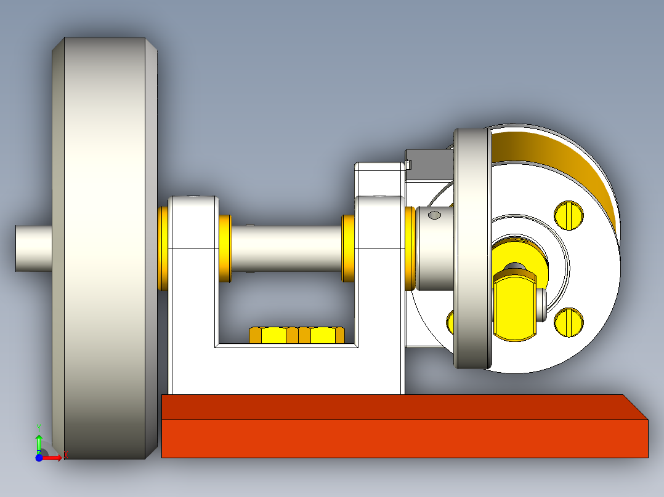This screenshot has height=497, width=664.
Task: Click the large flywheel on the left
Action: pos(105,246)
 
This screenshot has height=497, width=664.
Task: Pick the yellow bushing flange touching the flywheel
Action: pos(163,248)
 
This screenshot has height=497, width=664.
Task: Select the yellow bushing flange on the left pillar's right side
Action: pos(225,248)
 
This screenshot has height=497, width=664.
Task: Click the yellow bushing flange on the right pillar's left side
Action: pos(349,248)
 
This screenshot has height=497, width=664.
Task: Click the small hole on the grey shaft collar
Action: pos(434,215)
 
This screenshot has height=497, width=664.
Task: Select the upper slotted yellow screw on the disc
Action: pos(569,214)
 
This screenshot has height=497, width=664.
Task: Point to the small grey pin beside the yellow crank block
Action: pos(541,305)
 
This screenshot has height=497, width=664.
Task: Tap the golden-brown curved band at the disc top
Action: pos(554,154)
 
